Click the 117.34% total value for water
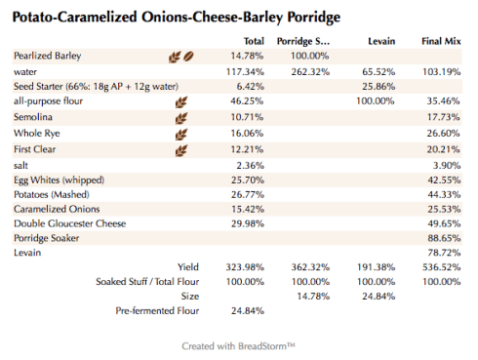pos(246,71)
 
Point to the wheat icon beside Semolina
pos(179,117)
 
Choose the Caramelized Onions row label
pos(57,209)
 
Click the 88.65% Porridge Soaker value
pos(443,238)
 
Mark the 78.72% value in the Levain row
pos(443,253)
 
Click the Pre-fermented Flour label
pos(157,311)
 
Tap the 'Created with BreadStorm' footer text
pos(238,345)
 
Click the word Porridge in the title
pos(305,19)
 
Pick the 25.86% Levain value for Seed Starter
pos(377,87)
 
